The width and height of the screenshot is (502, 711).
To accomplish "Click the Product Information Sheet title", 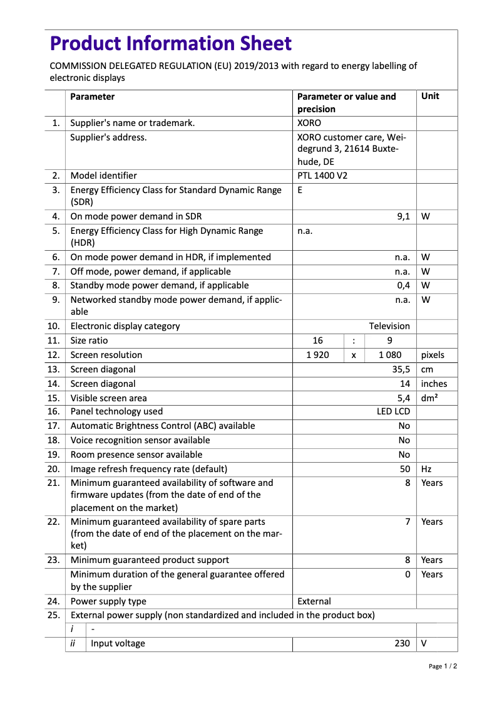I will pyautogui.click(x=170, y=44).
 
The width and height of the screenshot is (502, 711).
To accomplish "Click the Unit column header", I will pyautogui.click(x=430, y=97).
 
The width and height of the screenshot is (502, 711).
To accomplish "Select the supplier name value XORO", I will pyautogui.click(x=309, y=123).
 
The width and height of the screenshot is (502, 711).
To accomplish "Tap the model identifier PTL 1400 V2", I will pyautogui.click(x=322, y=176).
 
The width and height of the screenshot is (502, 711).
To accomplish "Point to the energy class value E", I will pyautogui.click(x=300, y=190).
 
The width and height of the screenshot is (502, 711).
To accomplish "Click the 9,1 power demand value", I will pyautogui.click(x=403, y=216).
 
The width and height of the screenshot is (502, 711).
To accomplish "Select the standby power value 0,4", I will pyautogui.click(x=403, y=285).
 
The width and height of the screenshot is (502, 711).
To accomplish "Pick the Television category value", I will pyautogui.click(x=389, y=326).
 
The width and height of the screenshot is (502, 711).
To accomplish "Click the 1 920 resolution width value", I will pyautogui.click(x=317, y=355).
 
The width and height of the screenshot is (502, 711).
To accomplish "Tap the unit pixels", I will pyautogui.click(x=433, y=355).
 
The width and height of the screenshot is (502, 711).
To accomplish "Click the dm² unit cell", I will pyautogui.click(x=429, y=398).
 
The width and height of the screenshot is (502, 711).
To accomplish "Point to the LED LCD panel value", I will pyautogui.click(x=393, y=411).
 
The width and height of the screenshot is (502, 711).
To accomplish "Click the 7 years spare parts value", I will pyautogui.click(x=407, y=522).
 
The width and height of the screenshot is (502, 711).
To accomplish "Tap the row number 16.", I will pyautogui.click(x=54, y=411).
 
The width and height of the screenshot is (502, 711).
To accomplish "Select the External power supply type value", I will pyautogui.click(x=314, y=601).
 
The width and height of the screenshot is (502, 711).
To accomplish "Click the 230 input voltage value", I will pyautogui.click(x=402, y=643).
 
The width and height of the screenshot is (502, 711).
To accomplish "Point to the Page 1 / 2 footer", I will pyautogui.click(x=443, y=666).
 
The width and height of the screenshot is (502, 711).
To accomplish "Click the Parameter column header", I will pyautogui.click(x=92, y=97).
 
